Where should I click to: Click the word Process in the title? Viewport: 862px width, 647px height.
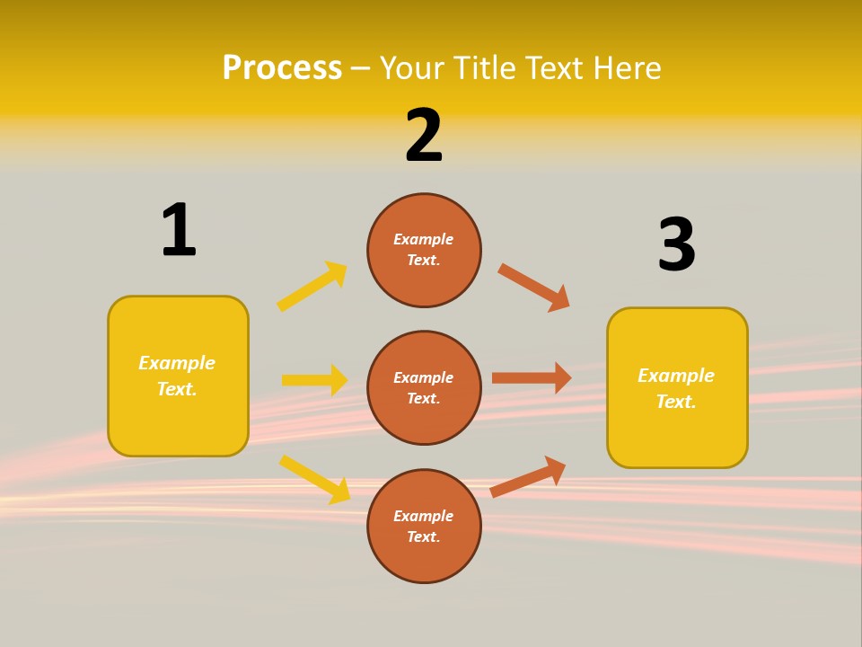coord(282,68)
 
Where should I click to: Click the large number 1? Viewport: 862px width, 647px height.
coord(179,230)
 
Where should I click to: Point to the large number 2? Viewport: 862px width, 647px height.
coord(424,136)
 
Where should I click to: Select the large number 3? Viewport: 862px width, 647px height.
coord(676,244)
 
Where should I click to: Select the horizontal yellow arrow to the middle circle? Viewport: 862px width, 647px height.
coord(314,380)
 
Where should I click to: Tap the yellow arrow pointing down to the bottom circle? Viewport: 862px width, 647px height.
coord(314,479)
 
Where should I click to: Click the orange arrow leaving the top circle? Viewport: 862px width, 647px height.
coord(533,288)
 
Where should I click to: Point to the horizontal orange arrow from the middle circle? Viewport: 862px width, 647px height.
coord(532,378)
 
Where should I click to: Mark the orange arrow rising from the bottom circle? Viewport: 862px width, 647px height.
coord(528,477)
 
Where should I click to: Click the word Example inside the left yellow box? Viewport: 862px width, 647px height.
coord(177,363)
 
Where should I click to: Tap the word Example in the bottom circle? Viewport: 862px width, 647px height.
coord(423,516)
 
